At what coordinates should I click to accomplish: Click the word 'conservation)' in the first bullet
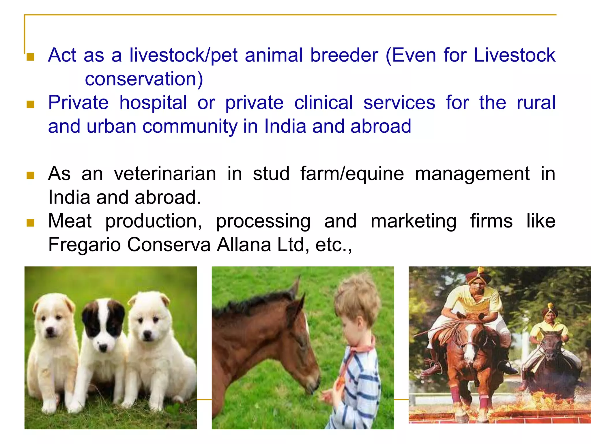(144, 79)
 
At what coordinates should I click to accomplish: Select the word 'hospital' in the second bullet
(153, 103)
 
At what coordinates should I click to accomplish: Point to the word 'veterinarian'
(165, 174)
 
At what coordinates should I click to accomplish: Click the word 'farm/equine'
(352, 174)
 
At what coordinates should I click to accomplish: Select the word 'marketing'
(414, 221)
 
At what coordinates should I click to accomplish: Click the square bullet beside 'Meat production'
(30, 223)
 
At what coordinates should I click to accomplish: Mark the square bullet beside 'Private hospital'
(30, 104)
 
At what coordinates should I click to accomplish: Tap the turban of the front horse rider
(478, 276)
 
